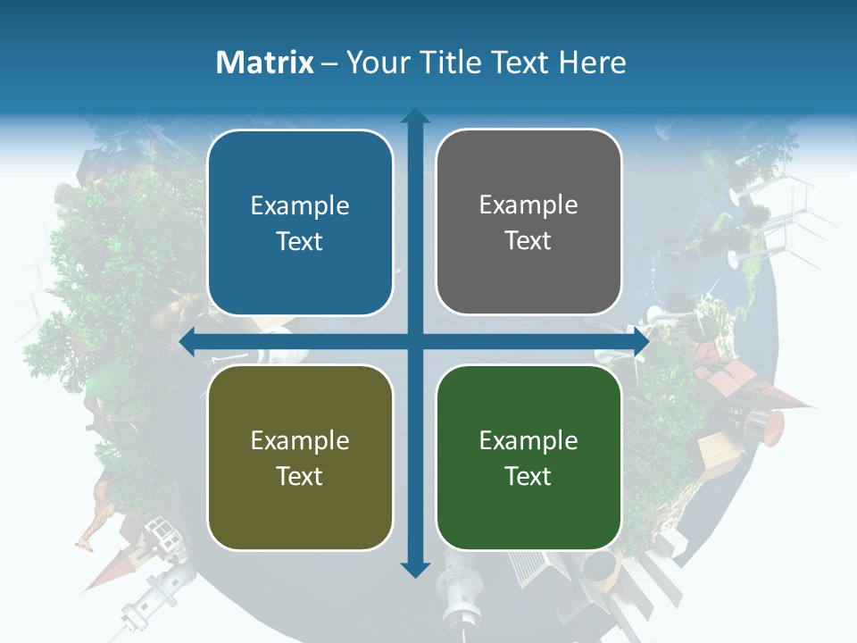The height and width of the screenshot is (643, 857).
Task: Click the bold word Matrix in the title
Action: (265, 63)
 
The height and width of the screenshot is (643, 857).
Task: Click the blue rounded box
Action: (300, 223)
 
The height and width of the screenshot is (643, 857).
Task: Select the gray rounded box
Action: (528, 222)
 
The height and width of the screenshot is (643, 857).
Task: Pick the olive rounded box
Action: (300, 457)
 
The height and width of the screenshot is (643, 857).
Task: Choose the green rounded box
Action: (528, 457)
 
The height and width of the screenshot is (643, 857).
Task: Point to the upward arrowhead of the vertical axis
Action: (415, 115)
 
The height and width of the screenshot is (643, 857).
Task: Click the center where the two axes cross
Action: (415, 341)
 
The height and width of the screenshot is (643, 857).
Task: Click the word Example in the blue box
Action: (300, 206)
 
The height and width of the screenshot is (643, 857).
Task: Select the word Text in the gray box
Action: (528, 241)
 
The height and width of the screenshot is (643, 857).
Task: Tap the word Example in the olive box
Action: (300, 440)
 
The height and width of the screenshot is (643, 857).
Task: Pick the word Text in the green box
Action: (528, 476)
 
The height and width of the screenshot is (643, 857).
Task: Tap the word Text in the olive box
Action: (300, 476)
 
